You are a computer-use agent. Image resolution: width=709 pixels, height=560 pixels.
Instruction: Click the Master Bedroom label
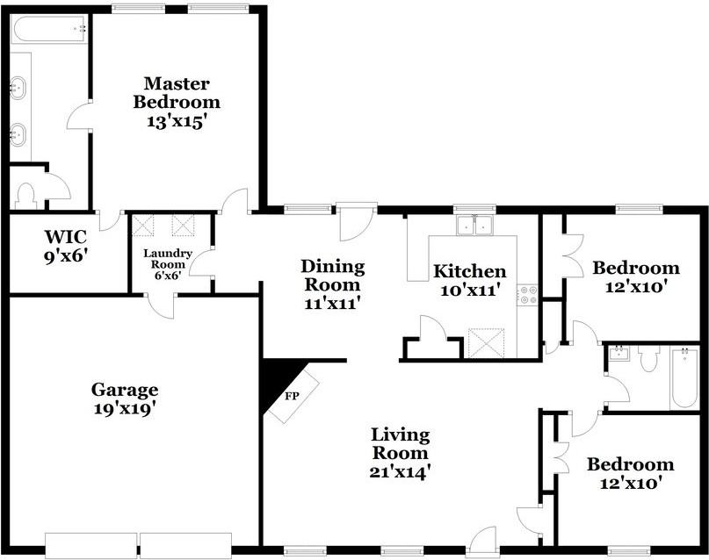[177, 93]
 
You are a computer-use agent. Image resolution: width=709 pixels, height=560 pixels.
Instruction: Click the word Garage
[125, 390]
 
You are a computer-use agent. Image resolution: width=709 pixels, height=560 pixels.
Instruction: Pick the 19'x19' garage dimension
[125, 409]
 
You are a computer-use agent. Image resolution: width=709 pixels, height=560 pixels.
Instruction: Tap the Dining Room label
[332, 276]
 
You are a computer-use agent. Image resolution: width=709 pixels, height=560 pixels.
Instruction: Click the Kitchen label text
[470, 271]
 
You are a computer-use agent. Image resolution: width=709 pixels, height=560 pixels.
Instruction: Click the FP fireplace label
[293, 396]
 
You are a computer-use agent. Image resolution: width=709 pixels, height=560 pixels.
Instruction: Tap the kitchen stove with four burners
[528, 295]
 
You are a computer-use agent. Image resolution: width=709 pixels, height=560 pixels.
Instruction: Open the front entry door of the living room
[484, 540]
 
